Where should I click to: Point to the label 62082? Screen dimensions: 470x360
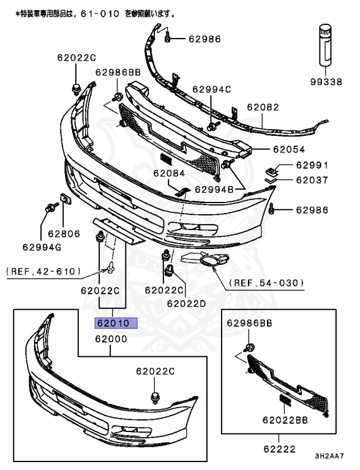point(263,107)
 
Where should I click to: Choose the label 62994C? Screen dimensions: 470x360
point(211,89)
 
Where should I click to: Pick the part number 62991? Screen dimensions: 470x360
point(312,165)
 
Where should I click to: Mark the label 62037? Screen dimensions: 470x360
point(312,181)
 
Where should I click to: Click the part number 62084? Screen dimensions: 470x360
point(169,173)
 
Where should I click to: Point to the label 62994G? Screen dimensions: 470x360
point(42,247)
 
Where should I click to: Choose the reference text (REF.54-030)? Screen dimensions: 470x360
point(266,283)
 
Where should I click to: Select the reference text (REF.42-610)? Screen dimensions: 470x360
point(43,270)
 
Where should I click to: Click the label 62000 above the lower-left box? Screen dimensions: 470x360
point(110,338)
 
